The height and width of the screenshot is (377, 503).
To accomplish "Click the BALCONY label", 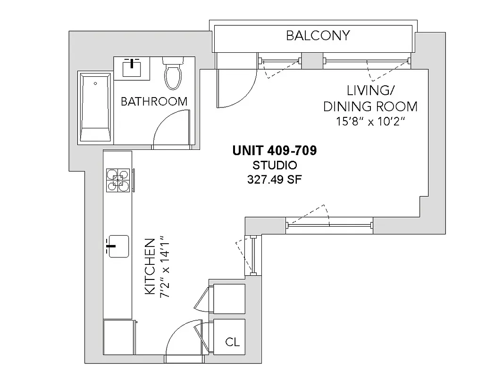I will click(x=318, y=35).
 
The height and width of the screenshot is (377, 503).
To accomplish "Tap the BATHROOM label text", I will click(x=154, y=101).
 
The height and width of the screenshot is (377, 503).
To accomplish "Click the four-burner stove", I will click(x=118, y=180).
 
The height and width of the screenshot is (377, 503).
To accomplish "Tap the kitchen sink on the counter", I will click(x=118, y=246).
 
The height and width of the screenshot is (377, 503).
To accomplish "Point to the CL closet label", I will click(x=232, y=342).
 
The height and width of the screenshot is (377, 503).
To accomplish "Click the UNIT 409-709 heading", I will click(x=274, y=151).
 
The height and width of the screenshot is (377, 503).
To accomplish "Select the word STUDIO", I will click(x=275, y=165).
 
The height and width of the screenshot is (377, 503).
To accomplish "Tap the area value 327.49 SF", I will click(x=275, y=180).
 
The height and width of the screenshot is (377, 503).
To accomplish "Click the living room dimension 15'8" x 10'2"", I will click(x=370, y=122).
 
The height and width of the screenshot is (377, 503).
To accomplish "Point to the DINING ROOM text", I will click(x=370, y=106).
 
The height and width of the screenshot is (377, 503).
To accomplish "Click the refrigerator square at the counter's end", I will click(x=118, y=336).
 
